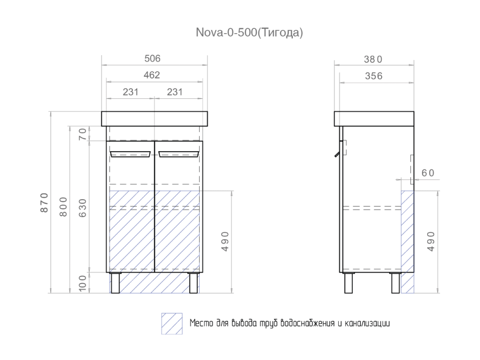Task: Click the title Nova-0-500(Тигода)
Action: tap(249, 33)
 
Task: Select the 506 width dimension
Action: tap(153, 59)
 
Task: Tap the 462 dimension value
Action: tap(153, 75)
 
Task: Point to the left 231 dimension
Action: tap(130, 92)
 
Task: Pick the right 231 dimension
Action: tap(175, 92)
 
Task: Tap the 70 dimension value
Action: tap(82, 133)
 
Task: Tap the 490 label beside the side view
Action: tap(430, 241)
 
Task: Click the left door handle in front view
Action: tap(131, 154)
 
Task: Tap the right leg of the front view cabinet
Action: tap(193, 283)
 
